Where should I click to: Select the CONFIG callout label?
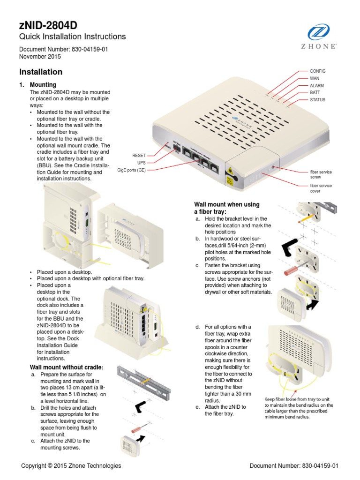(x=317, y=71)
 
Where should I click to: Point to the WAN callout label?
(x=314, y=78)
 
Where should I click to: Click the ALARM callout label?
(x=317, y=86)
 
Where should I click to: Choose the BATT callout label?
(x=315, y=93)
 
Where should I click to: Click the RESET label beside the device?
(x=139, y=155)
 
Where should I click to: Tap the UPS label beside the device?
(x=142, y=162)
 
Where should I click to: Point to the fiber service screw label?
(x=321, y=175)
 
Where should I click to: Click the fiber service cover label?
(x=321, y=188)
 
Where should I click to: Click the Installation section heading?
(x=40, y=72)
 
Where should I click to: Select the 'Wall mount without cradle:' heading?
(x=66, y=367)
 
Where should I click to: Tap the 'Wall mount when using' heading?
(x=227, y=205)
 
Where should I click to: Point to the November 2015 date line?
(x=40, y=57)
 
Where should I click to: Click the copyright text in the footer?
(x=71, y=465)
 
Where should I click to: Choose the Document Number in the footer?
(x=294, y=465)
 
